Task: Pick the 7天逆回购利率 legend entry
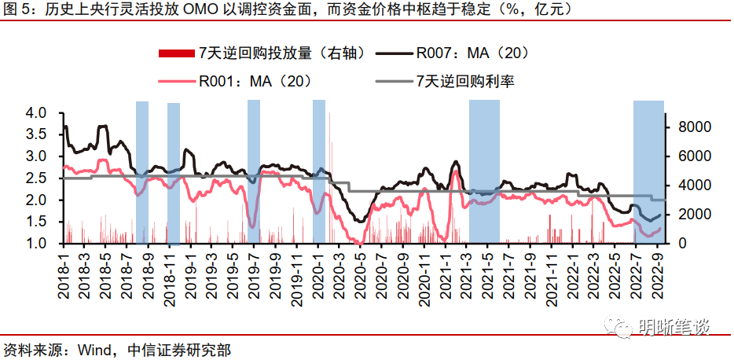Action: click(x=465, y=80)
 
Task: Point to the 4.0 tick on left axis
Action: click(x=37, y=113)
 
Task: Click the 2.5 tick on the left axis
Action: click(x=37, y=178)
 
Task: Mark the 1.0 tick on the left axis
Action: click(x=37, y=244)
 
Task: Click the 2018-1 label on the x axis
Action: click(x=62, y=272)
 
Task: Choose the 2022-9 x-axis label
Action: click(x=659, y=272)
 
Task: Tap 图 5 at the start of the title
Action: click(x=17, y=10)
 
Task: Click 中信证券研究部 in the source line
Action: click(x=178, y=348)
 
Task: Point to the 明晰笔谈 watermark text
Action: click(x=677, y=324)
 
